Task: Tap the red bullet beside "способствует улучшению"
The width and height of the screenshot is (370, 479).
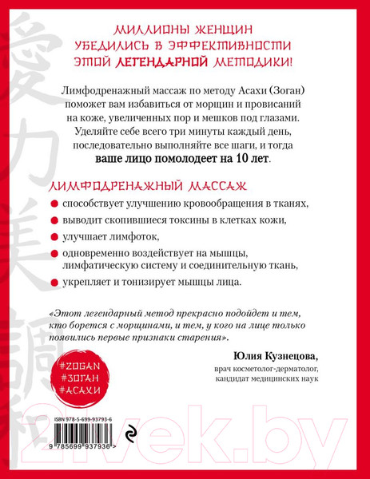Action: tap(52, 204)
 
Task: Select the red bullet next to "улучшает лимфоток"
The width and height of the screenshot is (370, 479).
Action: tap(52, 237)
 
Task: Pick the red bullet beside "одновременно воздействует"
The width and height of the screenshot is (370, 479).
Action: tap(52, 254)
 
